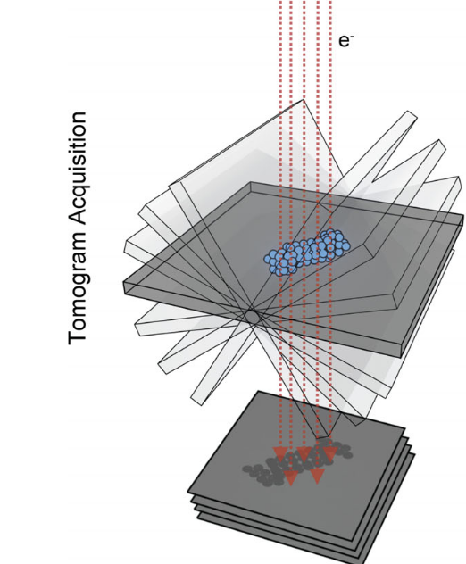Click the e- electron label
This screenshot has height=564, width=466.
(345, 41)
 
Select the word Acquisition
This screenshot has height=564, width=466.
(77, 170)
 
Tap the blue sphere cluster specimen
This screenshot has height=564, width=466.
(307, 252)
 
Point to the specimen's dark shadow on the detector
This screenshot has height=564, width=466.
(297, 465)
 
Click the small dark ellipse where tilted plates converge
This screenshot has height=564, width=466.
(253, 317)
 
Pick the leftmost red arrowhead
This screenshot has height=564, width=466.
(279, 454)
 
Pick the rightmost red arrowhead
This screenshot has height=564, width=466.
(330, 454)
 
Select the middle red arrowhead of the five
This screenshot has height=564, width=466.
(304, 454)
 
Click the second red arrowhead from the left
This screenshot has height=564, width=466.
(291, 478)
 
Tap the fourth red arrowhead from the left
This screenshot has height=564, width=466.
(317, 477)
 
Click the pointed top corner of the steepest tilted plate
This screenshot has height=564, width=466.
(303, 100)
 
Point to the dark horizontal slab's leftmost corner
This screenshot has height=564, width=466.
(123, 282)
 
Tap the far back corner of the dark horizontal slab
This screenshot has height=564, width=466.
(251, 182)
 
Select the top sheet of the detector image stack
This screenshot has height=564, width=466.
(297, 464)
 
